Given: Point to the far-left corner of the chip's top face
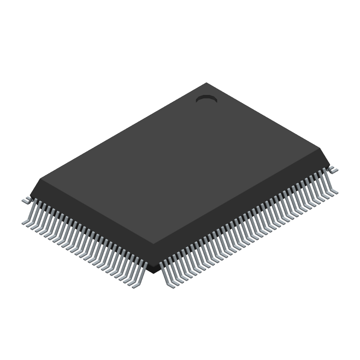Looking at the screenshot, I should coord(40,179).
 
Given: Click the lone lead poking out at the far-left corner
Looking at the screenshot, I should coord(26,199).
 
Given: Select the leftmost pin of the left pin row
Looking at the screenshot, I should coord(30,214).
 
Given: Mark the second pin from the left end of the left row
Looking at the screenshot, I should coord(34,216).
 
